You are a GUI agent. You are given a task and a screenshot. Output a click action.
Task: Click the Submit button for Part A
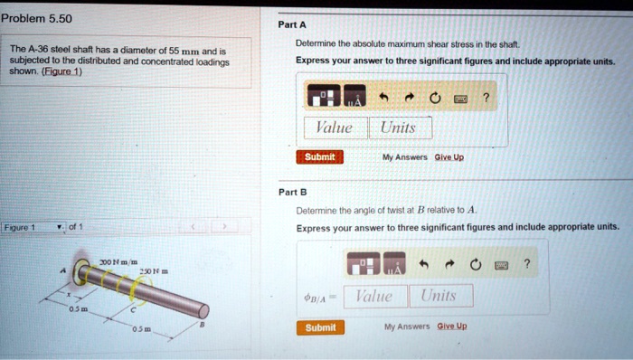tap(318, 156)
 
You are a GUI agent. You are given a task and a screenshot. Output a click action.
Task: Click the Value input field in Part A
tap(335, 128)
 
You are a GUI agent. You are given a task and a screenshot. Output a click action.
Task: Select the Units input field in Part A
tap(398, 128)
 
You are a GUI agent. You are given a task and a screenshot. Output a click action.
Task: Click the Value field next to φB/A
tap(373, 296)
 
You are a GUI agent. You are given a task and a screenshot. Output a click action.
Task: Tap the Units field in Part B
tap(439, 296)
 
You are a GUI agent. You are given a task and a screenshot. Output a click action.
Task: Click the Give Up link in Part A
tap(449, 156)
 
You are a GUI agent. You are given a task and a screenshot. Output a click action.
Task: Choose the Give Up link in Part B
tap(452, 327)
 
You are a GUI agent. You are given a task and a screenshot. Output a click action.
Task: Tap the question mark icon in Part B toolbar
tap(525, 264)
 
